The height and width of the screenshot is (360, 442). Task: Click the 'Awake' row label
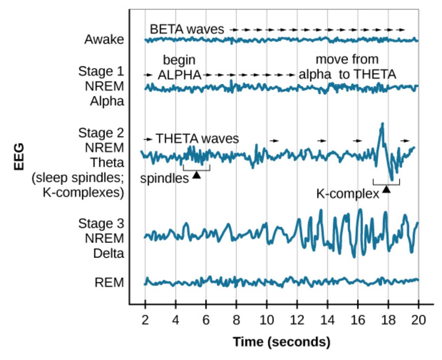pos(104,39)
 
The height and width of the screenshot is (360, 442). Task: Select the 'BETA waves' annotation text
pos(187,29)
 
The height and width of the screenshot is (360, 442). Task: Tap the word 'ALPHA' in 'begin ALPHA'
pos(179,75)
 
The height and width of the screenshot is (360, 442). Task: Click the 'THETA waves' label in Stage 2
pos(197,138)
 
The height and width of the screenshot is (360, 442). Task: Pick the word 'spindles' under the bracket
pos(164,178)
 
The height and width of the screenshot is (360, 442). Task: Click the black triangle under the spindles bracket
pos(196,175)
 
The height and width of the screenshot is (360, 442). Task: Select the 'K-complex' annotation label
pos(348,194)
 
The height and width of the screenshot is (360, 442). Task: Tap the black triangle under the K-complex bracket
pos(386,189)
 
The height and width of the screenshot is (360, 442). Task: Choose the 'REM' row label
pos(109,283)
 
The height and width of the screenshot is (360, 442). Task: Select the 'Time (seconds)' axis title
pos(282,342)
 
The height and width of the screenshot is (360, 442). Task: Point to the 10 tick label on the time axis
pos(266,320)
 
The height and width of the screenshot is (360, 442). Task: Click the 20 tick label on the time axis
pos(418,320)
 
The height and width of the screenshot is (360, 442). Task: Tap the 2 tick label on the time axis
pos(145,320)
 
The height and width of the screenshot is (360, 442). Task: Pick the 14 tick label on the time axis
pos(327,320)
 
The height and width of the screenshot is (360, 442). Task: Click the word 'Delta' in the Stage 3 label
pos(108,253)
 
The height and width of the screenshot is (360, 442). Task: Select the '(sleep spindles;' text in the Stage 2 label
pos(78,178)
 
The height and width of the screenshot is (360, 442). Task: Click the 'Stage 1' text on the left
pos(101,71)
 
